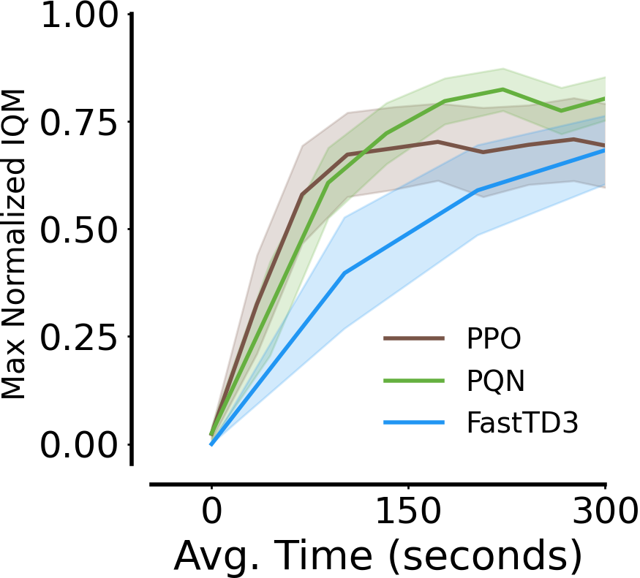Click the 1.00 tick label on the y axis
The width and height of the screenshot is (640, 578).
pos(80,17)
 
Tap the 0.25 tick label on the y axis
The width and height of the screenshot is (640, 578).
pos(80,338)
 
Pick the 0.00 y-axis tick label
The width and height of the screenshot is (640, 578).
pos(80,446)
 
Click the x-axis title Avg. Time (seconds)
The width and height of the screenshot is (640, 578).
pos(377,558)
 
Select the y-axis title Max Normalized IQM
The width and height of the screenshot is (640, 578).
pos(15,245)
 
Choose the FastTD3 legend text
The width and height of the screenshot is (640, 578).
pos(522,424)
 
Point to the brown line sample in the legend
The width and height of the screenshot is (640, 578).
pos(414,338)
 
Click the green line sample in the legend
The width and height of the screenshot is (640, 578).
pos(414,381)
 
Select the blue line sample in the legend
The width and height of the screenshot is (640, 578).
pos(414,423)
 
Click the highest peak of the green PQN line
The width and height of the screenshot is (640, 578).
pos(502,89)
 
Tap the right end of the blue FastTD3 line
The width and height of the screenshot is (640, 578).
pos(605,151)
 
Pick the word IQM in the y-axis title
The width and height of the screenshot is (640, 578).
pos(15,115)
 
